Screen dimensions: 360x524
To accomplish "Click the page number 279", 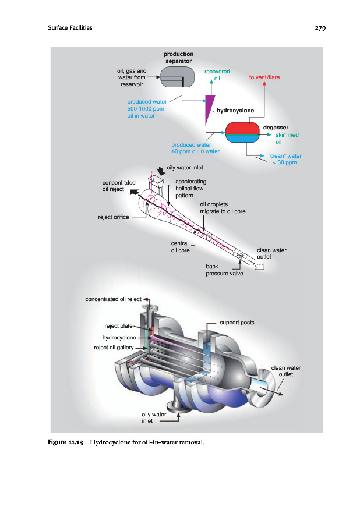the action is tap(320, 28).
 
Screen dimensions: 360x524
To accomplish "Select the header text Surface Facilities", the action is tap(70, 28).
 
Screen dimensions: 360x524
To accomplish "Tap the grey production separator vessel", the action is tap(177, 77).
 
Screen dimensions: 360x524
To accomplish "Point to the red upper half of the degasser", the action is tap(243, 128).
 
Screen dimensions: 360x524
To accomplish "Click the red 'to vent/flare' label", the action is tap(264, 77).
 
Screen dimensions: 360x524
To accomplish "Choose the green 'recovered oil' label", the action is tap(217, 75).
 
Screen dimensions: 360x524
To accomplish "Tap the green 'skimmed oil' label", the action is tap(287, 139).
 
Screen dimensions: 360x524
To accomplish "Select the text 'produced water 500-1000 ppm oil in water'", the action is tap(147, 109).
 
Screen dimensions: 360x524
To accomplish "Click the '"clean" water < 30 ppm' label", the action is tap(285, 159).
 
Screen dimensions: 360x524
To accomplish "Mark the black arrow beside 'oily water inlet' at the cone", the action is tap(161, 171).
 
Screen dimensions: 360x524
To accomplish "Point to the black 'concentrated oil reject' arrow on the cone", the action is tap(134, 192).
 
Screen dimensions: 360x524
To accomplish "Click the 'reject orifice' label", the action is tap(114, 217).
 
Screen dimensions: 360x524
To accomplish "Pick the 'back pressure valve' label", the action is tap(224, 270).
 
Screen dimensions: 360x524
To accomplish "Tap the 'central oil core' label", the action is tap(180, 247).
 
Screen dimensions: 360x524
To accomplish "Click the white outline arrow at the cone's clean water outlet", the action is tap(259, 266).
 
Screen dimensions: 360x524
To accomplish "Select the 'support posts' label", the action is tap(237, 323).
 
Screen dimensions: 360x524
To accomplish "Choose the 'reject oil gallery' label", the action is tap(114, 348).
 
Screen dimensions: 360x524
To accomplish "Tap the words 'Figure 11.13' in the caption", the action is tap(65, 442).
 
